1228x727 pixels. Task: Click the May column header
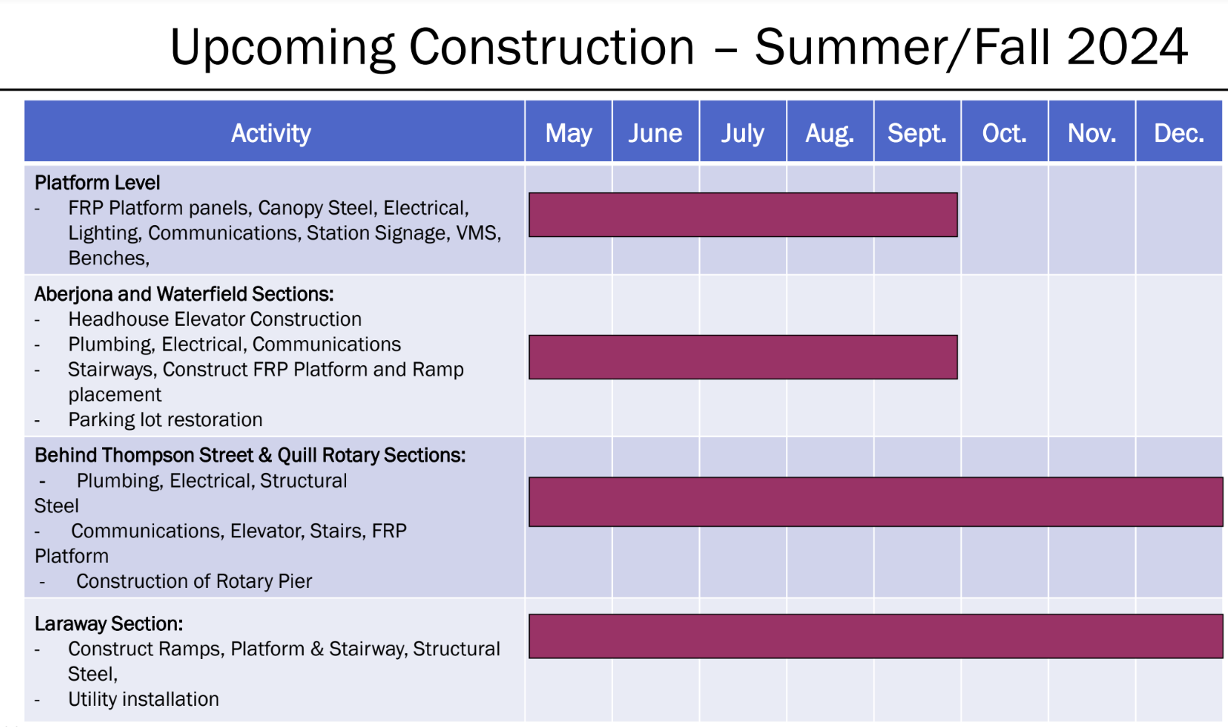(x=568, y=133)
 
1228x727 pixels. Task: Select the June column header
(x=655, y=133)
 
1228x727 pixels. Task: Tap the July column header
(x=743, y=134)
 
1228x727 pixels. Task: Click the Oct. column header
(x=1004, y=133)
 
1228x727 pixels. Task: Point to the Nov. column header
(x=1092, y=133)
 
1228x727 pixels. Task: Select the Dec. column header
(x=1179, y=133)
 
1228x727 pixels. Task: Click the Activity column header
(x=271, y=134)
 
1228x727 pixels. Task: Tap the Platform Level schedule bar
(x=743, y=215)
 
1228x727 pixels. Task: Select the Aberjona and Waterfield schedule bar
(x=743, y=357)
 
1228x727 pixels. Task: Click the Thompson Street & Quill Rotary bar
(x=876, y=502)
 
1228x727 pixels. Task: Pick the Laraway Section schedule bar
(x=876, y=636)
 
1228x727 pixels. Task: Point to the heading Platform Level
(x=97, y=183)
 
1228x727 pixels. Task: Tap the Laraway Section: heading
(x=109, y=623)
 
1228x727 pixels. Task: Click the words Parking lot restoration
(x=165, y=419)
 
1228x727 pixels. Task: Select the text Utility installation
(x=143, y=699)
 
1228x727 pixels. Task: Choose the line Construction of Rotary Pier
(x=194, y=581)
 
